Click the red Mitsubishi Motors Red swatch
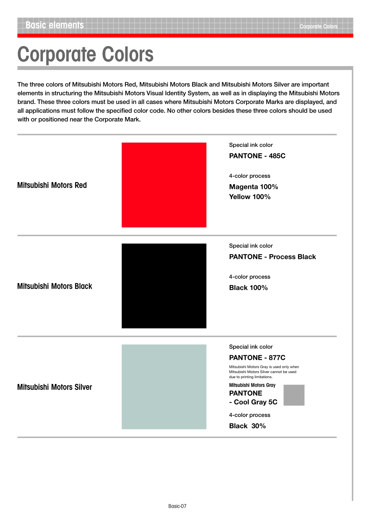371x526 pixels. point(164,185)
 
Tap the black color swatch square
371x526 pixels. point(164,285)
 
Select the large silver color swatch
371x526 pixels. point(164,386)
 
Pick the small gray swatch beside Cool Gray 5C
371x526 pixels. point(294,395)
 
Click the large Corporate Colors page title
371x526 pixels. point(86,54)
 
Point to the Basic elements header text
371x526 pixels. point(55,25)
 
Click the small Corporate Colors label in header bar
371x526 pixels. point(318,27)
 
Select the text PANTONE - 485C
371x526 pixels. point(257,156)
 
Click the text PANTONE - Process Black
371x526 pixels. point(272,257)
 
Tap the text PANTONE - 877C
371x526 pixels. point(257,357)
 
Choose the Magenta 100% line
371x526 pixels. point(253,187)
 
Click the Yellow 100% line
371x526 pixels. point(250,197)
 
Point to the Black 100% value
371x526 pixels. point(248,287)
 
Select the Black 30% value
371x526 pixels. point(247,426)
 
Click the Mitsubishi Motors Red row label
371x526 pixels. point(52,185)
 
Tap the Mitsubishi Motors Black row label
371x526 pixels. point(55,286)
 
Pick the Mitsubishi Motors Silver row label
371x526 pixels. point(55,387)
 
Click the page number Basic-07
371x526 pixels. point(177,506)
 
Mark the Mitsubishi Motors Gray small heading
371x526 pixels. point(252,385)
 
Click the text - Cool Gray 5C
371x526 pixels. point(253,402)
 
